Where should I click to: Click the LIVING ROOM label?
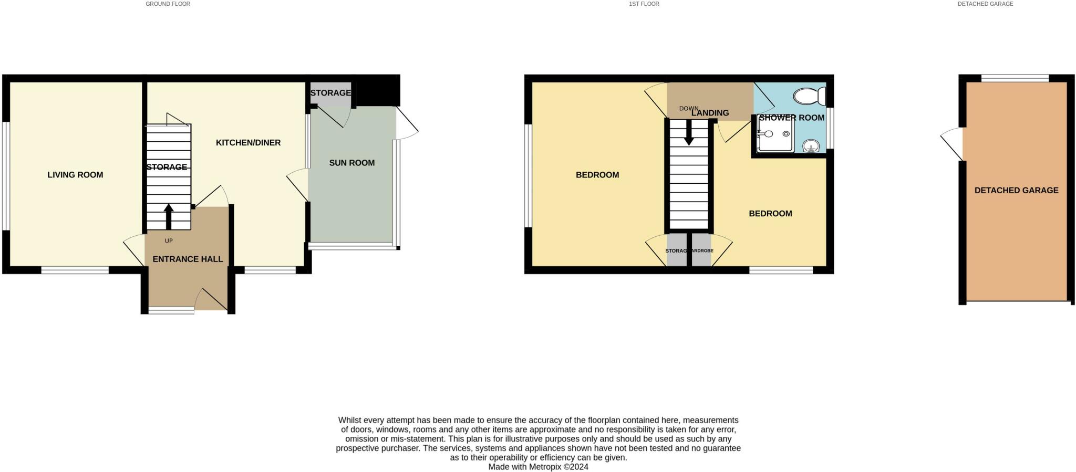75,175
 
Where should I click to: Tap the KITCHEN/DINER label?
248,143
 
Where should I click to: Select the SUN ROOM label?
351,163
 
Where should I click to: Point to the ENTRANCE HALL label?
188,259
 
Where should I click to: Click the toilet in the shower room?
810,97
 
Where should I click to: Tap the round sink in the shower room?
811,145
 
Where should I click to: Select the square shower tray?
775,135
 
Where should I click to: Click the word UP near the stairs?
169,241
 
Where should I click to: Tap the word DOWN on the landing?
689,109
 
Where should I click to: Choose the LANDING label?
710,113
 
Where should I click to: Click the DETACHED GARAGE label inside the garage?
1016,191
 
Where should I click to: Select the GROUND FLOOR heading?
168,4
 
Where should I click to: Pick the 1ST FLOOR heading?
644,4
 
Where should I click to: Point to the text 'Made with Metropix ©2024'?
538,467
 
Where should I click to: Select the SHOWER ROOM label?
791,118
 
